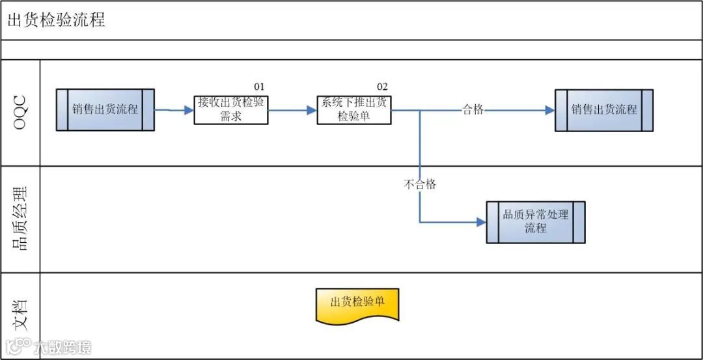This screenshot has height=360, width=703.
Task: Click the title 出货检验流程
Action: coord(56,20)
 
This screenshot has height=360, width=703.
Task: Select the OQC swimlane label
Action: coord(20,113)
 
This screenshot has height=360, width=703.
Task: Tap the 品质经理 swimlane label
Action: coord(20,219)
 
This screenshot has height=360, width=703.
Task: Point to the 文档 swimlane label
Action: coord(20,314)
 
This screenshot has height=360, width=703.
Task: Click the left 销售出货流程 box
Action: coord(105,109)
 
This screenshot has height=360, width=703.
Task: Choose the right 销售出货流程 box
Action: coord(603,110)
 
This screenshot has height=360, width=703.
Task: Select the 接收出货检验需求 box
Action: coord(231,109)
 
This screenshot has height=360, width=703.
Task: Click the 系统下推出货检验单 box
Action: coord(354,109)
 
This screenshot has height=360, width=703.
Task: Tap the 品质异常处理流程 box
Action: coord(535,222)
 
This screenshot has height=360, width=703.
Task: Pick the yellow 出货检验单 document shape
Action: coord(357,303)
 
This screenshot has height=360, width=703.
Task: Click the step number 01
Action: coord(259,87)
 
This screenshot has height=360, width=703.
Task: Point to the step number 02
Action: coord(382,87)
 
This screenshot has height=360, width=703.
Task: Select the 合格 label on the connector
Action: coord(473,109)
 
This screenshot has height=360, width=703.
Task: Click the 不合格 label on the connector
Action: coord(420,184)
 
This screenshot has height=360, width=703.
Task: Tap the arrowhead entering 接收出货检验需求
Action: coord(189,110)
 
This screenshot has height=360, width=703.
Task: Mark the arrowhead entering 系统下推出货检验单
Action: coord(312,110)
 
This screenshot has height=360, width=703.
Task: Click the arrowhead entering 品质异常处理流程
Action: coord(482,222)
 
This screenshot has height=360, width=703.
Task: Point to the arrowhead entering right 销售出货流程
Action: coord(550,110)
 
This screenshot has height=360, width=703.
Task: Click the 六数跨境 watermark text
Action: coord(63,347)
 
